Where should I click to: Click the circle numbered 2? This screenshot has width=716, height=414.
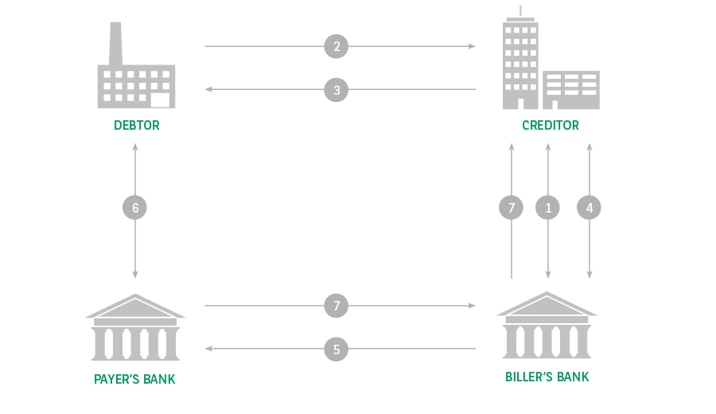click(x=336, y=46)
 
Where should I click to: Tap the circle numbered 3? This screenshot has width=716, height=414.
click(x=336, y=89)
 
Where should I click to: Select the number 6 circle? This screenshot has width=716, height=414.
click(x=134, y=208)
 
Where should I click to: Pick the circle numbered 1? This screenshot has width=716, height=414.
click(x=547, y=208)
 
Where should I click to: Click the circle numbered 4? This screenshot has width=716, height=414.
click(x=589, y=208)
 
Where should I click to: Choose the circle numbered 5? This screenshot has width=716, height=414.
click(x=336, y=349)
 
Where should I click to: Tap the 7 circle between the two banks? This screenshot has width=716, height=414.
click(x=336, y=305)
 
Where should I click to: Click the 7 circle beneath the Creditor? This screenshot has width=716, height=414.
click(x=511, y=208)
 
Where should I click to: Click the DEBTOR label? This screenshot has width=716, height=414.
click(x=137, y=125)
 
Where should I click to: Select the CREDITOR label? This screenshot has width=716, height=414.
click(x=551, y=125)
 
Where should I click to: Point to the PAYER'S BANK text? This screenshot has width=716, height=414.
click(x=134, y=379)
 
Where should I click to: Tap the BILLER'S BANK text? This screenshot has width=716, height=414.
click(x=547, y=377)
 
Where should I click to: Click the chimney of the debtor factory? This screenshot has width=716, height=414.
click(x=115, y=44)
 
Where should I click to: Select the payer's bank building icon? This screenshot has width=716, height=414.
click(x=135, y=327)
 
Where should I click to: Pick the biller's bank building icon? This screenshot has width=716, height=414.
click(x=547, y=325)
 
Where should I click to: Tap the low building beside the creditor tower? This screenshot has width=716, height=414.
click(x=570, y=90)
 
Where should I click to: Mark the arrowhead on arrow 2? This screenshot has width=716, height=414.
click(x=472, y=46)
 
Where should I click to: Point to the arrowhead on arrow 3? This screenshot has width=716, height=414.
click(x=208, y=89)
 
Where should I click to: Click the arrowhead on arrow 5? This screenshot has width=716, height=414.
click(x=208, y=349)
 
